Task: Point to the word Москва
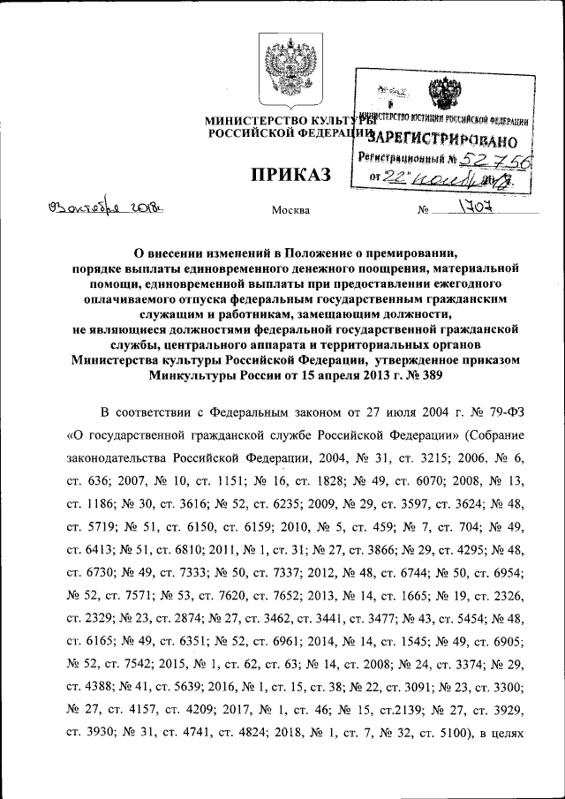click(x=293, y=210)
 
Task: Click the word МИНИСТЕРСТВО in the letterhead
click(x=250, y=120)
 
